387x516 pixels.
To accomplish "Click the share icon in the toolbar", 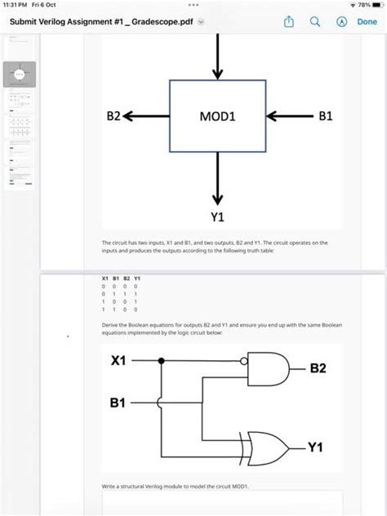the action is (289, 22).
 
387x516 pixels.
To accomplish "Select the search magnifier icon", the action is (314, 22).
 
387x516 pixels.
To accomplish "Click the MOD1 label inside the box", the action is (217, 117).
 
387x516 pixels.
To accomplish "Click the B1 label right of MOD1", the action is (326, 117).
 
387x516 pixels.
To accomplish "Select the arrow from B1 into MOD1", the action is (290, 117).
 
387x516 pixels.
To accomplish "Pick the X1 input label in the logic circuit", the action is (118, 359).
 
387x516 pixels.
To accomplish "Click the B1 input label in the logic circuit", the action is (118, 403).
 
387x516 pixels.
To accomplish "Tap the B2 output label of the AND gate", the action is (318, 368).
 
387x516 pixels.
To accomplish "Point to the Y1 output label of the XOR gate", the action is (315, 447).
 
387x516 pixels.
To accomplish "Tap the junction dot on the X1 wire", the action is (162, 359).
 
